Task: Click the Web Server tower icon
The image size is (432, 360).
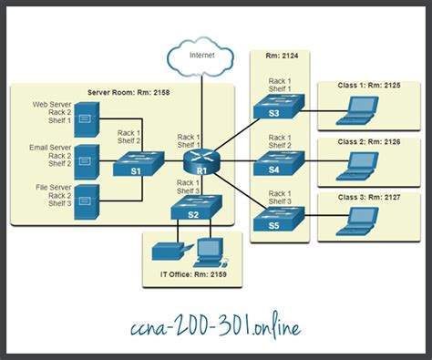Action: point(86,114)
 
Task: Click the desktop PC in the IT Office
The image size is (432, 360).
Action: point(209,249)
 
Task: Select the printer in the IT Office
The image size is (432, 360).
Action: point(168,249)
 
